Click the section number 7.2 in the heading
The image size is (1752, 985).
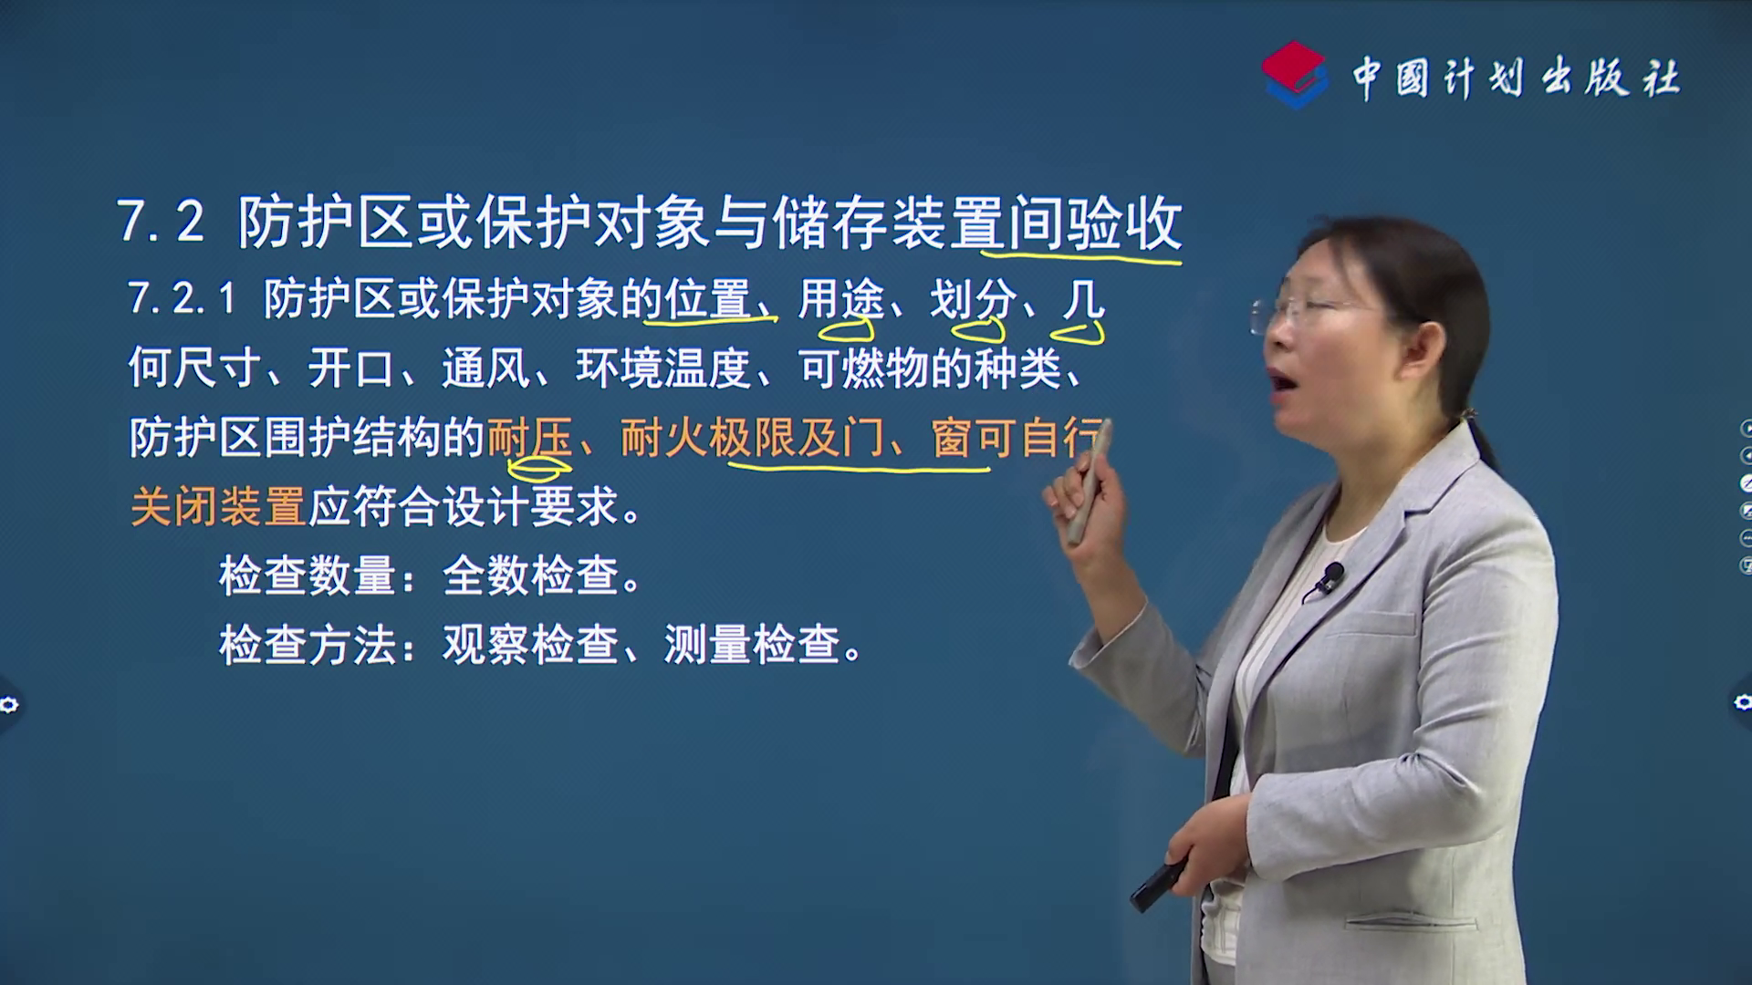point(161,222)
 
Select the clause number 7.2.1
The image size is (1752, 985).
point(182,299)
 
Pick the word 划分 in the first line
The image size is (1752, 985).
point(973,299)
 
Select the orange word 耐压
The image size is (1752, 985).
point(530,438)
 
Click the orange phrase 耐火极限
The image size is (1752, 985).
point(708,438)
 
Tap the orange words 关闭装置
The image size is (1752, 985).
point(218,507)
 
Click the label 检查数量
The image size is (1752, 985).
point(307,576)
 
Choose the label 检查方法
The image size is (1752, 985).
point(307,645)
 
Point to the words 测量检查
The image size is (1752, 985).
point(752,645)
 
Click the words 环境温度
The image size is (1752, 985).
point(663,368)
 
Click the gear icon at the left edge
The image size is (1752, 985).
point(9,704)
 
